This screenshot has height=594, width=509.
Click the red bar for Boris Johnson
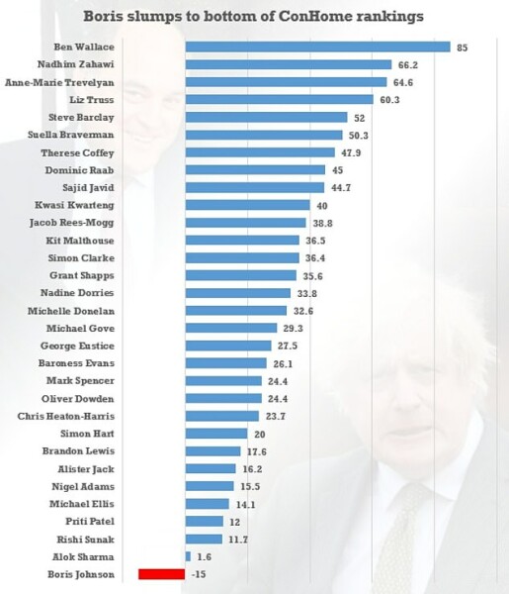[x=162, y=573]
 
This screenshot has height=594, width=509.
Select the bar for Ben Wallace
[x=317, y=47]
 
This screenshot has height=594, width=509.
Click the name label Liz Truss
[x=91, y=100]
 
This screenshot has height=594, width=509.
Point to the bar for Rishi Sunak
[x=204, y=539]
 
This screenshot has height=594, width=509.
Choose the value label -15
[x=200, y=573]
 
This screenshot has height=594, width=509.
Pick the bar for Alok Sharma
[x=188, y=556]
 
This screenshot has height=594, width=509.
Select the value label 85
[x=462, y=47]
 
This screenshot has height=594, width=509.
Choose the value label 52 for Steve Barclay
[x=359, y=117]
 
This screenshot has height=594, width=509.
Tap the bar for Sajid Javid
[x=255, y=187]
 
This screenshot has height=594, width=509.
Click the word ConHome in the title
[x=300, y=16]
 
